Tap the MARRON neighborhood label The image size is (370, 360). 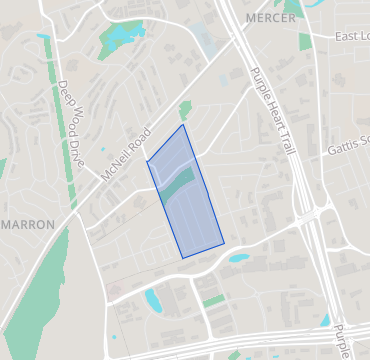[28, 225]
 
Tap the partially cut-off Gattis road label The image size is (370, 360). [348, 149]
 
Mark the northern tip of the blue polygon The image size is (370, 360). [183, 126]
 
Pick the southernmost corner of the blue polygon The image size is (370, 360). [183, 257]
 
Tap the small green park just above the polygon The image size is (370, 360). [184, 111]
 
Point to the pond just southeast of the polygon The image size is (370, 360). [238, 257]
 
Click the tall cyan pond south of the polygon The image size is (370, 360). [152, 299]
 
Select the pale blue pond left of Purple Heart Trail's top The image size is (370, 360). [209, 40]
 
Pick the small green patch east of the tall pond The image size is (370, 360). [213, 299]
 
